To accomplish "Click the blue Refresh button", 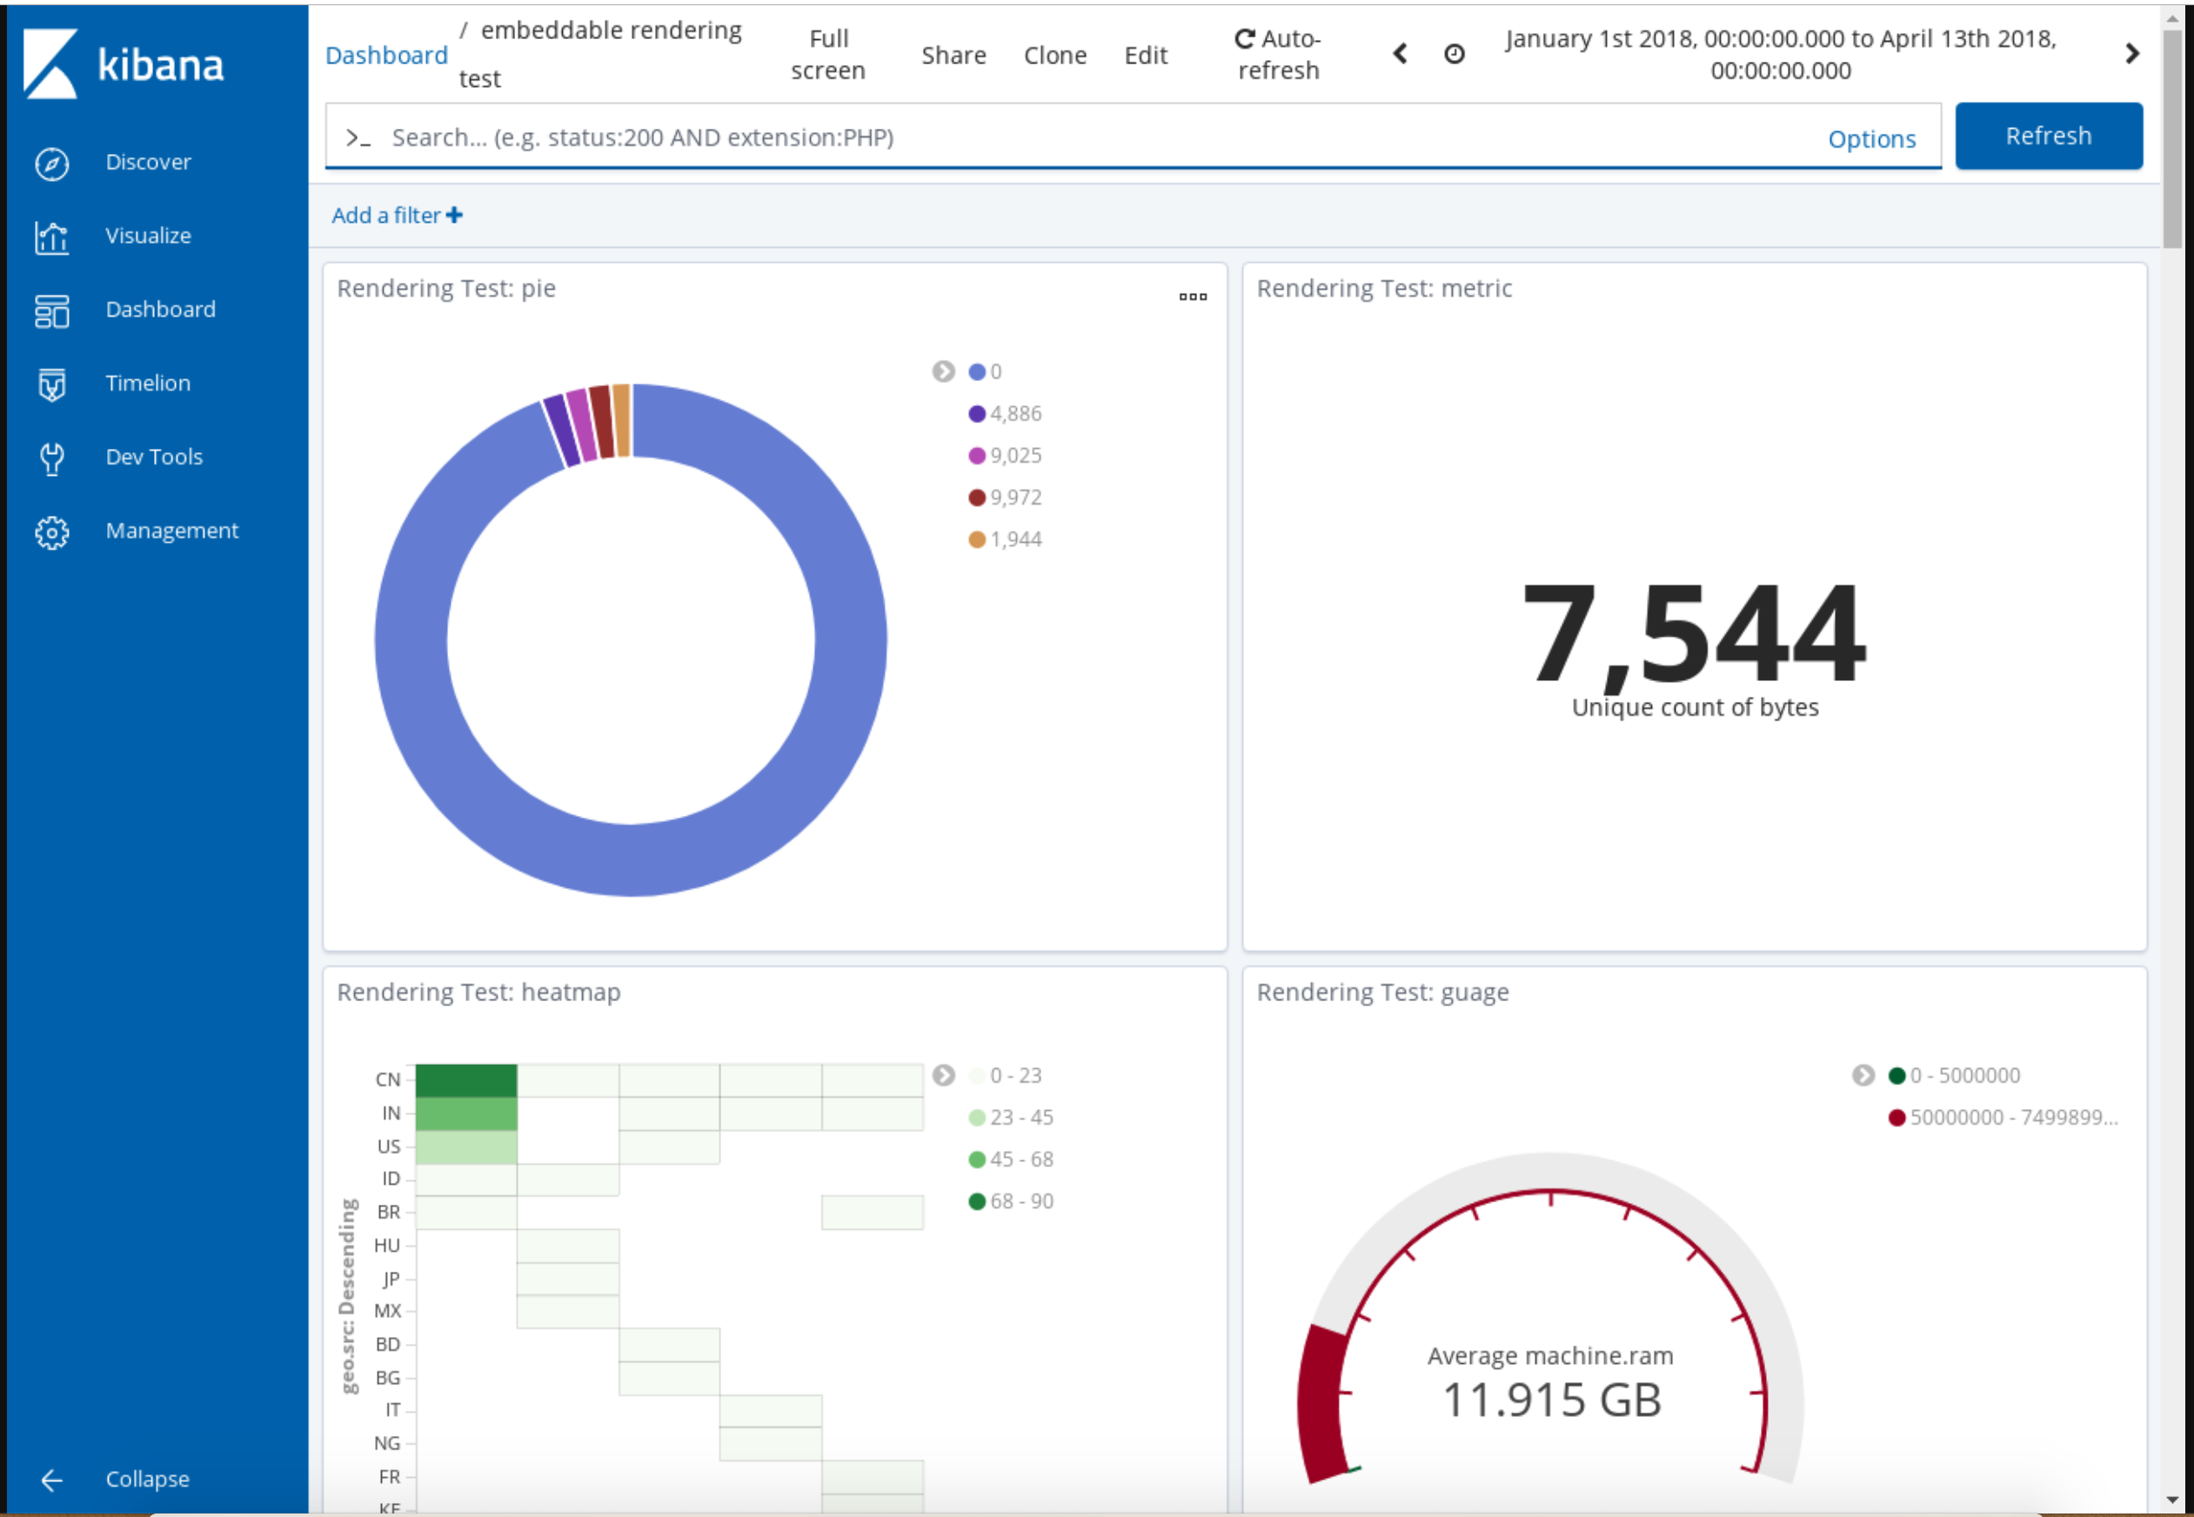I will (x=2048, y=136).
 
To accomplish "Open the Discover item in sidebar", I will (x=147, y=163).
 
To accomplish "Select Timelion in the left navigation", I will (x=147, y=383).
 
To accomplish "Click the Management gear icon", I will (x=51, y=532).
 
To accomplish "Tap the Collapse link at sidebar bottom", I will (x=146, y=1479).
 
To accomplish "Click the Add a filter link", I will (x=397, y=216).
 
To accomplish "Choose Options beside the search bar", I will (x=1870, y=139).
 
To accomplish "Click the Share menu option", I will (x=953, y=55).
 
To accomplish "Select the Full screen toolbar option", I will (x=827, y=54).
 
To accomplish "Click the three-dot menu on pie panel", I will (x=1192, y=297).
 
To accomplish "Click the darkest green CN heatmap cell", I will (x=465, y=1079).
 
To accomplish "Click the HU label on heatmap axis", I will (x=387, y=1245).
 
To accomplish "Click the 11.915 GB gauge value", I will (x=1550, y=1400).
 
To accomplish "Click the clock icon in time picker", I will (x=1454, y=54).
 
